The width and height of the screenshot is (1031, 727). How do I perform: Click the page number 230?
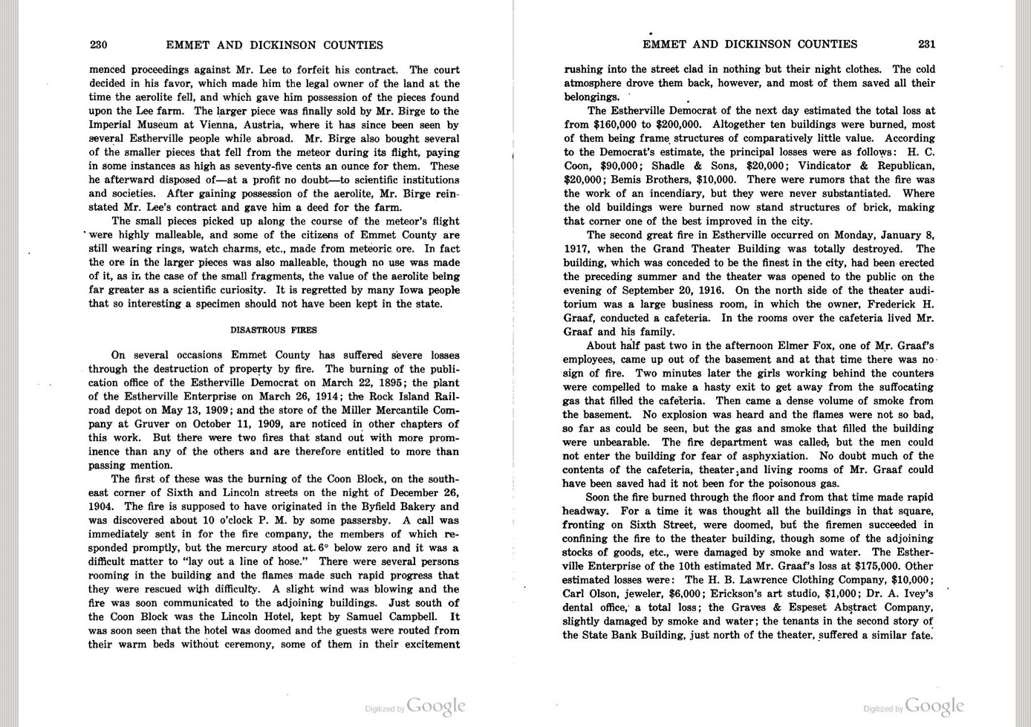pos(99,45)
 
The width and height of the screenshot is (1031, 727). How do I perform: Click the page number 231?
pos(926,44)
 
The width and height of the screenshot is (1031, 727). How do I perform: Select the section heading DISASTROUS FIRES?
pos(273,330)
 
